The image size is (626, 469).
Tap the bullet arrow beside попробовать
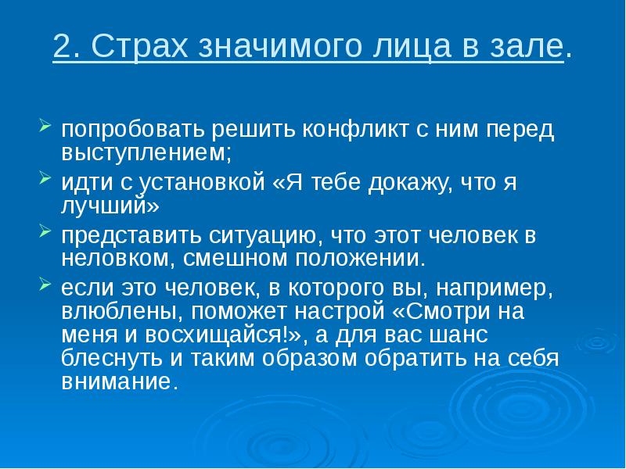tap(45, 125)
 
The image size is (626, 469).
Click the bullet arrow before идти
tap(45, 179)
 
